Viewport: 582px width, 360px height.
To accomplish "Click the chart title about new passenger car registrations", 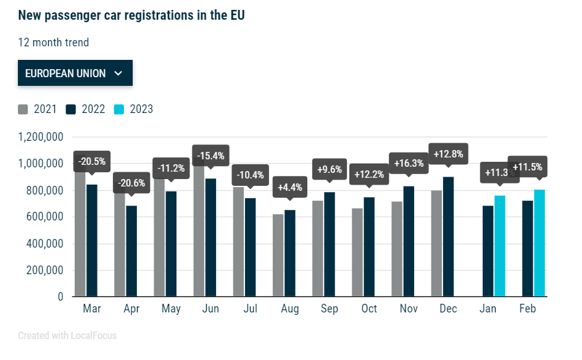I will [x=131, y=15].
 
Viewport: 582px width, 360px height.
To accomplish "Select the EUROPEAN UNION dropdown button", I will [x=75, y=73].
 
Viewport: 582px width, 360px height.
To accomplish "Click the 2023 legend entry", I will [x=134, y=109].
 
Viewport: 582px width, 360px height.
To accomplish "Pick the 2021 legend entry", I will [x=38, y=109].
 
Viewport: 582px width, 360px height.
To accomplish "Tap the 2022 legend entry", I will [x=86, y=109].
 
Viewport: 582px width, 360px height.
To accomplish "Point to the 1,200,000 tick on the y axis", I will [x=41, y=137].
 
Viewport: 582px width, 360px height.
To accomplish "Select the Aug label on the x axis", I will [x=289, y=309].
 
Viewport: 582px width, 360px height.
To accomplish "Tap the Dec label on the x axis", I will [x=447, y=309].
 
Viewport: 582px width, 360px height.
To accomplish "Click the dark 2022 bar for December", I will [x=448, y=238].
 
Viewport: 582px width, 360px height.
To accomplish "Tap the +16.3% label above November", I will [x=409, y=164].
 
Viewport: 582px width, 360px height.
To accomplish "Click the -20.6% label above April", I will [x=131, y=183].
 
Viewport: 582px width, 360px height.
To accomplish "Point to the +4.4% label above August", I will [x=289, y=186].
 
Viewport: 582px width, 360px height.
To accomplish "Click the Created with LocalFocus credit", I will [x=67, y=336].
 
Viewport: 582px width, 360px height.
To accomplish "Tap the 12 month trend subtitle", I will [x=54, y=43].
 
